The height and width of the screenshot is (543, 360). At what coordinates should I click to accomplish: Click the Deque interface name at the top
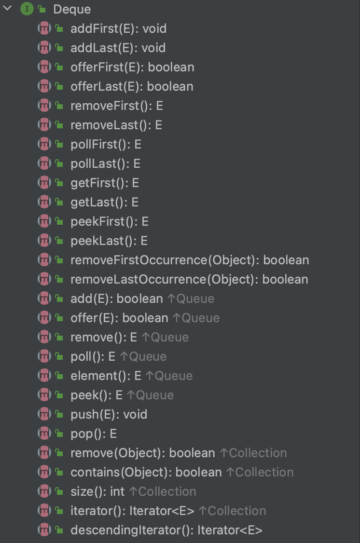[x=72, y=9]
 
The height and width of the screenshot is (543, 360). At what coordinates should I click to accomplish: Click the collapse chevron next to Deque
[x=7, y=9]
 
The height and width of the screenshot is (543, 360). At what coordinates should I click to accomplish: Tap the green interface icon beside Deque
[x=26, y=9]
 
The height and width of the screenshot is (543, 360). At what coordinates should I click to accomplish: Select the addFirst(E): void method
[x=118, y=28]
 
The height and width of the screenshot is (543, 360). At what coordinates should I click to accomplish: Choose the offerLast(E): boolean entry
[x=132, y=86]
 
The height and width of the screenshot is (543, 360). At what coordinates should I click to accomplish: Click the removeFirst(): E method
[x=117, y=106]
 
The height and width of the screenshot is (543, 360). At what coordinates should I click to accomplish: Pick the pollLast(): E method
[x=105, y=163]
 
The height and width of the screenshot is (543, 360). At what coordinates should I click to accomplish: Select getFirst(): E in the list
[x=105, y=183]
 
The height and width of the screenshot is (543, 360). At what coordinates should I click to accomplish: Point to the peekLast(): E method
[x=109, y=241]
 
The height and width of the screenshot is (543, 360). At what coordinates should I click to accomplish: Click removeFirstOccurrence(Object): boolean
[x=190, y=260]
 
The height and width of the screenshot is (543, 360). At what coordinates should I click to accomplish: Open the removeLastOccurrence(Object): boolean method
[x=189, y=279]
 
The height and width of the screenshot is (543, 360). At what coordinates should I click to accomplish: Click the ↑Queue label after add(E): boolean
[x=191, y=299]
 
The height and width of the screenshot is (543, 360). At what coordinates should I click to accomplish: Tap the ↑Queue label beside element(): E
[x=169, y=376]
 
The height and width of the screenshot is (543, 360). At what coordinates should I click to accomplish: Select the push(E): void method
[x=109, y=414]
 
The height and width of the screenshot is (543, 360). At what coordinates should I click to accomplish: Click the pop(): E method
[x=94, y=434]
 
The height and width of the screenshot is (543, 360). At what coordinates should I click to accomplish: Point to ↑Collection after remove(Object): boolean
[x=253, y=453]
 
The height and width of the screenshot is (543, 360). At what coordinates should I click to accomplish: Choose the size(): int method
[x=97, y=491]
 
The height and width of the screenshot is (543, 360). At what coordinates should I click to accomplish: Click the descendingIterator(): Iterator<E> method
[x=166, y=530]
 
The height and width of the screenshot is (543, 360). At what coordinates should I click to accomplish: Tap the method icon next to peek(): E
[x=44, y=395]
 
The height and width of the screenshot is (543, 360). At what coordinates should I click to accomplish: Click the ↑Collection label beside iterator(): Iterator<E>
[x=232, y=511]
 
